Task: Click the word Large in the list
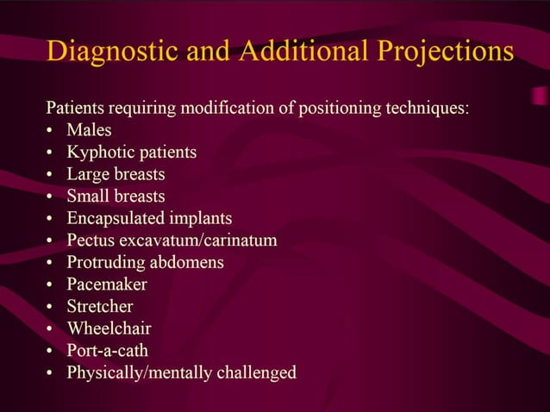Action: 89,175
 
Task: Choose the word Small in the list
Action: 89,197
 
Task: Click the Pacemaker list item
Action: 107,284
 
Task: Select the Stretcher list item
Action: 100,307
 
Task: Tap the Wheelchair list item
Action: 109,328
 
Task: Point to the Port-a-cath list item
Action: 108,351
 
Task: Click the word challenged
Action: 254,372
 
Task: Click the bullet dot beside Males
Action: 51,132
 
